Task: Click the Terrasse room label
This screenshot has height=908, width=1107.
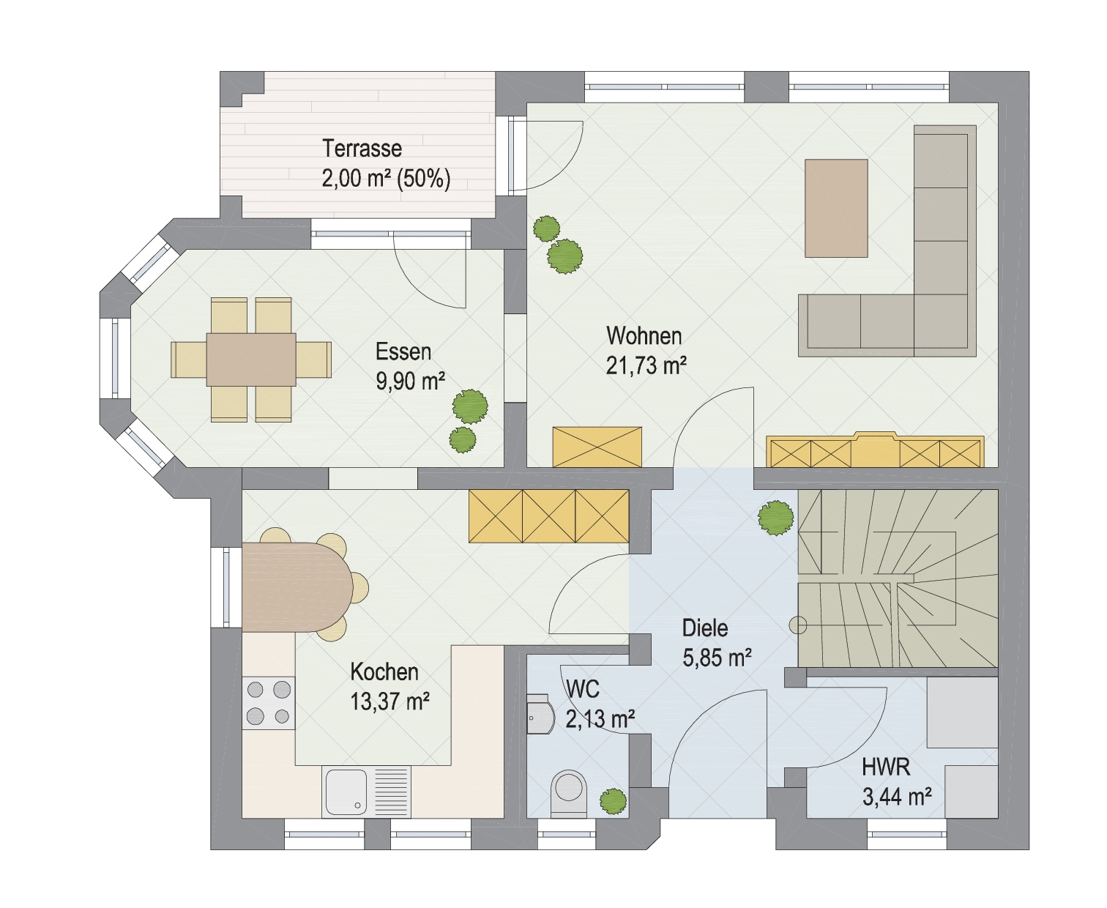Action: click(362, 149)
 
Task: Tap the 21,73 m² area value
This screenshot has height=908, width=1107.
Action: click(646, 365)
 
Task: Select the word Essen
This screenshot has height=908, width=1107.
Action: click(403, 351)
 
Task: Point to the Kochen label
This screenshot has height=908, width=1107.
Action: click(384, 671)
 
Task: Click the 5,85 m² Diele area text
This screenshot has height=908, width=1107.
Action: click(717, 657)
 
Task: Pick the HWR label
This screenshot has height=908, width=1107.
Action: click(886, 767)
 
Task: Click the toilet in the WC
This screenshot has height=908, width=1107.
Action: click(569, 794)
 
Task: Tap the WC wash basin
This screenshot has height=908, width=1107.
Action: click(540, 715)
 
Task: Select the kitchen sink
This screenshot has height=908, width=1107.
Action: click(366, 792)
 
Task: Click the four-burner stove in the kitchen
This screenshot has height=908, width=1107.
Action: click(268, 703)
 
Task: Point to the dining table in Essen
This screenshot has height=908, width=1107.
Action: click(251, 360)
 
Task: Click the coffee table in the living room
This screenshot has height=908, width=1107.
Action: click(836, 209)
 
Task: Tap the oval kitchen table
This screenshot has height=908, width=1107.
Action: click(297, 587)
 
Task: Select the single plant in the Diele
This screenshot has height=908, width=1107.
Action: click(776, 518)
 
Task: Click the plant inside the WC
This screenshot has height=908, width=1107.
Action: click(614, 801)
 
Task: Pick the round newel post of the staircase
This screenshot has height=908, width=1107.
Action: click(798, 625)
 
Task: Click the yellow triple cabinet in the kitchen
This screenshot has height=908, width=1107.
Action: click(548, 516)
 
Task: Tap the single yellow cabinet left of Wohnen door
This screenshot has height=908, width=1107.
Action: click(597, 447)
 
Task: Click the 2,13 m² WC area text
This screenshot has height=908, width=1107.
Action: click(600, 718)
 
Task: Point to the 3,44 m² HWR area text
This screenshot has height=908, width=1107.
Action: click(897, 797)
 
